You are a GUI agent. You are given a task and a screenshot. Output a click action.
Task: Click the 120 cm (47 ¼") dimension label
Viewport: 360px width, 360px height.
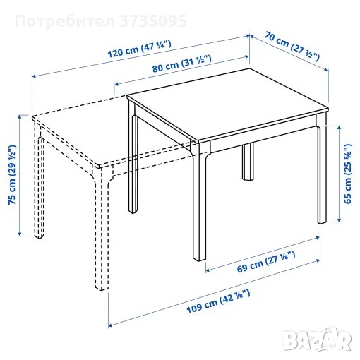click(x=140, y=49)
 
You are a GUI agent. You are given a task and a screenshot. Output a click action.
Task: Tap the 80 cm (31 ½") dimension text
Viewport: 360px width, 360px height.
click(x=181, y=64)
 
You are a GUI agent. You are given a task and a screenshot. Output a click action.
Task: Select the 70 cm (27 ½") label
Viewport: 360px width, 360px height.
click(x=292, y=46)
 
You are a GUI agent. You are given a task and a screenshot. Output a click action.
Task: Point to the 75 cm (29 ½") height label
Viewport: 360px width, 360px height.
click(x=12, y=174)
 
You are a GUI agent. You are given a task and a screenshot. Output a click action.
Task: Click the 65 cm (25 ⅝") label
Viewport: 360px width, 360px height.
click(x=348, y=174)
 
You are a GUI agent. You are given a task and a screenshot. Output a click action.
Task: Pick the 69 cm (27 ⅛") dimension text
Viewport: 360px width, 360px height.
click(x=266, y=262)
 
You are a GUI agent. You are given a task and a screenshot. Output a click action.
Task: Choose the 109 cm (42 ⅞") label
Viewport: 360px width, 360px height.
click(x=218, y=301)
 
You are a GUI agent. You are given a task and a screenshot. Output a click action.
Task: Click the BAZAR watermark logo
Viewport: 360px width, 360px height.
click(x=317, y=339)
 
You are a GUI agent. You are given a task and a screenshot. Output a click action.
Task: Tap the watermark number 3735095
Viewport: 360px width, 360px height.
click(x=153, y=21)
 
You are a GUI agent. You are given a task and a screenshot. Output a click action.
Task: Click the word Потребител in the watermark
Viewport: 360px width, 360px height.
click(x=65, y=21)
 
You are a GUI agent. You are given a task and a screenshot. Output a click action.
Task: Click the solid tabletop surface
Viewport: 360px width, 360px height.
click(x=227, y=105)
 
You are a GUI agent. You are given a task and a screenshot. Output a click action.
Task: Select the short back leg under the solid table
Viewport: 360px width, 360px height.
click(x=248, y=162)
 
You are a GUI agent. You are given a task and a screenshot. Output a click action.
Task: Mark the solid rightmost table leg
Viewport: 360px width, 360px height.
click(x=322, y=169)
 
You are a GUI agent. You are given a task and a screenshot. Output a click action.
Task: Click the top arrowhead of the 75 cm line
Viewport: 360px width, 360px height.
click(x=20, y=116)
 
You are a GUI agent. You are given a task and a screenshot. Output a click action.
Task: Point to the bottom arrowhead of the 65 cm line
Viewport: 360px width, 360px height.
click(x=339, y=220)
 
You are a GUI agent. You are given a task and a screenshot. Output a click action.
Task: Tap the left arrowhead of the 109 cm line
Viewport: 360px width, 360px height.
click(x=110, y=325)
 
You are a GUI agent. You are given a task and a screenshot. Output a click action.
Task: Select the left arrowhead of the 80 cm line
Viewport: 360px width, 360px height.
click(x=116, y=84)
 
